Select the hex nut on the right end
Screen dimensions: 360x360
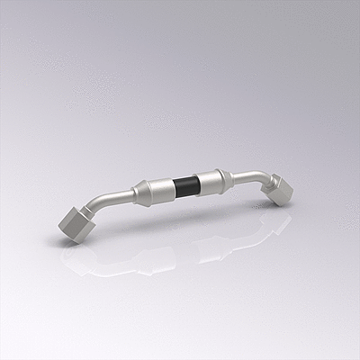280,190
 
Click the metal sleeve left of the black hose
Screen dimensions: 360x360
162,189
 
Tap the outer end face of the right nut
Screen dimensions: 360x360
286,193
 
